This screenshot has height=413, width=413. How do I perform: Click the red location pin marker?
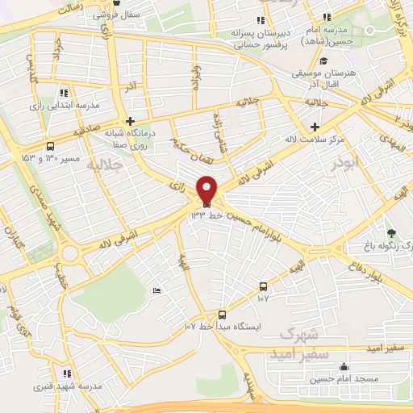[x=207, y=190]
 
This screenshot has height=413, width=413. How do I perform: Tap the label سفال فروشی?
[x=95, y=15]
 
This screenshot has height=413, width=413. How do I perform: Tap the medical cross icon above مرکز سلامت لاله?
[x=315, y=127]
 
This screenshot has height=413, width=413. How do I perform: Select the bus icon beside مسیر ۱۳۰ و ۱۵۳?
[x=51, y=146]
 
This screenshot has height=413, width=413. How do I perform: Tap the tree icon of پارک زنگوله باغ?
[x=391, y=233]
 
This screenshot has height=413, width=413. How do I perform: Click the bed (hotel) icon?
[x=156, y=290]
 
